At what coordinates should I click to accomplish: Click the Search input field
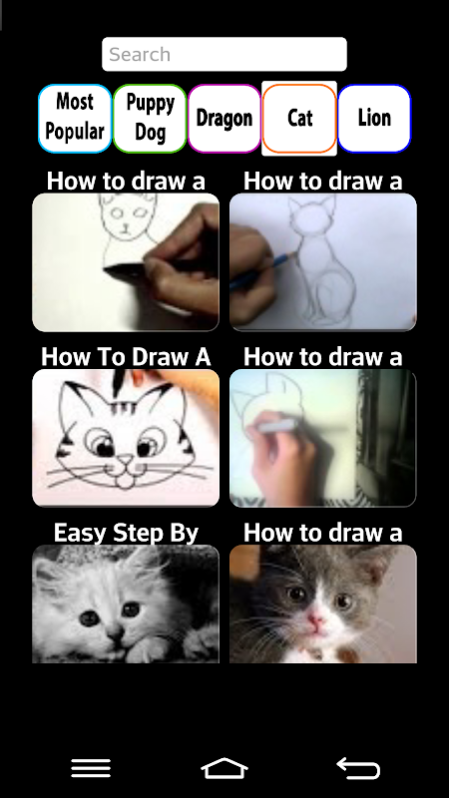[224, 54]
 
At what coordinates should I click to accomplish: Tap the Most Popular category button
[75, 118]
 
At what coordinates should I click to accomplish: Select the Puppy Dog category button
[150, 118]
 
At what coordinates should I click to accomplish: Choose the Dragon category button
[224, 118]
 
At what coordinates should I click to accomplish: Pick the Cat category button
[299, 118]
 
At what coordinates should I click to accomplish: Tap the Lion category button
[374, 118]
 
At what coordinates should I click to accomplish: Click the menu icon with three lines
[91, 768]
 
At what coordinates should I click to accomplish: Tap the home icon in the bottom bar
[224, 768]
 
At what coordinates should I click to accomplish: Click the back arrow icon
[358, 768]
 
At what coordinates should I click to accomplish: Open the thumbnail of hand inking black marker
[126, 262]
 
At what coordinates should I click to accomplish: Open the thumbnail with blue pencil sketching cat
[322, 262]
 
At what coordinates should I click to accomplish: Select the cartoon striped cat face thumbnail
[126, 438]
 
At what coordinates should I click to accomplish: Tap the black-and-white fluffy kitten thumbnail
[126, 603]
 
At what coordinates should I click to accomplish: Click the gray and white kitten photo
[322, 603]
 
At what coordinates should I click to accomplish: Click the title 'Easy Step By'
[126, 533]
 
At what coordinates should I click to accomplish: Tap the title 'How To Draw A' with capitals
[126, 357]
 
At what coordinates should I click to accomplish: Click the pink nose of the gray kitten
[315, 620]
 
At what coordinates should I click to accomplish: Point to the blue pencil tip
[294, 254]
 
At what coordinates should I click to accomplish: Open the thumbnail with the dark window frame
[322, 438]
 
